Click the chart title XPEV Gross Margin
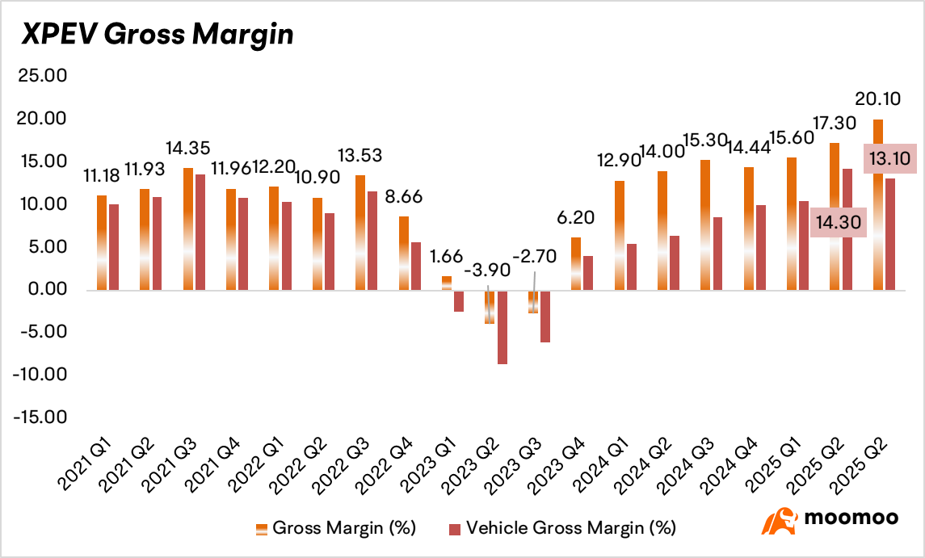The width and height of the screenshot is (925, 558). click(158, 34)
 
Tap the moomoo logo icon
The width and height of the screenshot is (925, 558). click(780, 520)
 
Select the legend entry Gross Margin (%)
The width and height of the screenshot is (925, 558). click(336, 528)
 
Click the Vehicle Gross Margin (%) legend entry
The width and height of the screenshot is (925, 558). click(562, 528)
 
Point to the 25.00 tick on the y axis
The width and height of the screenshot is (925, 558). click(43, 75)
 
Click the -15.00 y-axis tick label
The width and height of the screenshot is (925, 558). click(40, 417)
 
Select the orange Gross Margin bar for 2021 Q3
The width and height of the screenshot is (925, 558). click(188, 229)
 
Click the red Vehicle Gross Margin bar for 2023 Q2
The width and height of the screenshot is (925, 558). click(502, 327)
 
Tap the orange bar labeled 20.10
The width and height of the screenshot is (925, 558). click(878, 204)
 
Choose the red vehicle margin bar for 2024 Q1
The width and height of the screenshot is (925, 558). click(632, 266)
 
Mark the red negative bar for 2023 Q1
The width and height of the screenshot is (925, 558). click(459, 301)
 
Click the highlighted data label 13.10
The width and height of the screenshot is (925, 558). click(890, 158)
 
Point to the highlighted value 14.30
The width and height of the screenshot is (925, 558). click(839, 222)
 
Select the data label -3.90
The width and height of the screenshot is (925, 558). click(487, 271)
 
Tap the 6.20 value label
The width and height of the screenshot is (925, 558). click(576, 218)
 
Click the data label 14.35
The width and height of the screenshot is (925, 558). click(188, 148)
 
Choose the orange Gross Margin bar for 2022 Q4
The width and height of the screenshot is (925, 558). click(404, 253)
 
